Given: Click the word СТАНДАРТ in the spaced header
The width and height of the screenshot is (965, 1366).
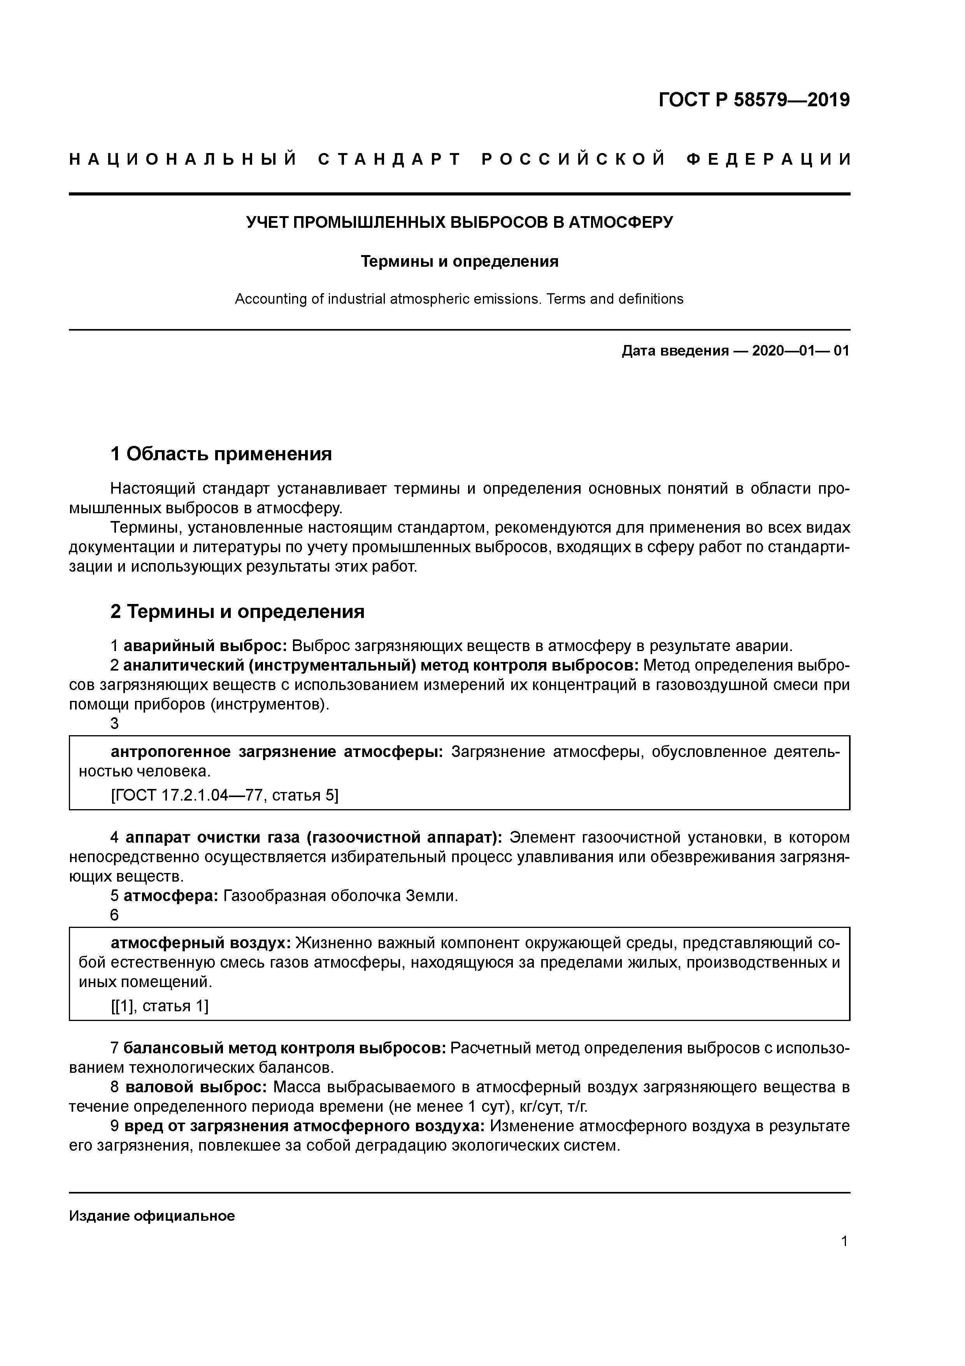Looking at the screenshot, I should point(390,159).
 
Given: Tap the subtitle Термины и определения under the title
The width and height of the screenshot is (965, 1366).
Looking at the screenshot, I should point(459,261).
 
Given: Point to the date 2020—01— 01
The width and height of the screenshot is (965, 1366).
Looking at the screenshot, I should point(800,350).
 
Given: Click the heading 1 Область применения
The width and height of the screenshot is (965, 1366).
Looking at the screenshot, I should point(221,454).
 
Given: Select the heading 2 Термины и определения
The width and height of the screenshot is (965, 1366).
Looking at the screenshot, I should point(237,612).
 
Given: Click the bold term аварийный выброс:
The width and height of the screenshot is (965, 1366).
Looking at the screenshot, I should point(205,646).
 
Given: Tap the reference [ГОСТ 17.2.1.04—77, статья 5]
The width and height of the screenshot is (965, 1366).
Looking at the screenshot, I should point(224,796).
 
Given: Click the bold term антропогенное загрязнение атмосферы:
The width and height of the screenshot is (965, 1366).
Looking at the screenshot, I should point(277,752).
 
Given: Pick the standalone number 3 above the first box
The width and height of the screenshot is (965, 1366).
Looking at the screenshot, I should point(115,723).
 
